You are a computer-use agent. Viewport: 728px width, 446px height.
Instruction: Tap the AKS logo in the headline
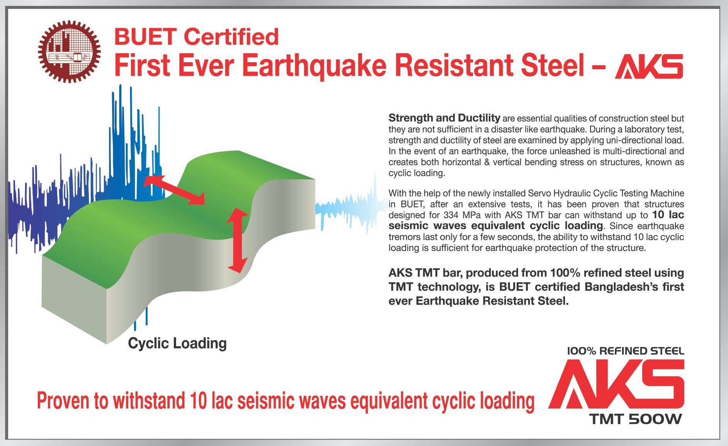tap(649, 66)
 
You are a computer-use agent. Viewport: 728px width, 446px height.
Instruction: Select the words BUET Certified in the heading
tap(196, 36)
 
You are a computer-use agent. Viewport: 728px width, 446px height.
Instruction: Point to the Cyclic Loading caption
tap(177, 343)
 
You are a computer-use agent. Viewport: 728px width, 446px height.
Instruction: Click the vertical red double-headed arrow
tap(237, 240)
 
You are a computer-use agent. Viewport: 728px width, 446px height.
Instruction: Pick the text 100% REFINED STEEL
tap(626, 351)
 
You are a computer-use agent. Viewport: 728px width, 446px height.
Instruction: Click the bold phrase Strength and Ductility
tap(444, 117)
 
